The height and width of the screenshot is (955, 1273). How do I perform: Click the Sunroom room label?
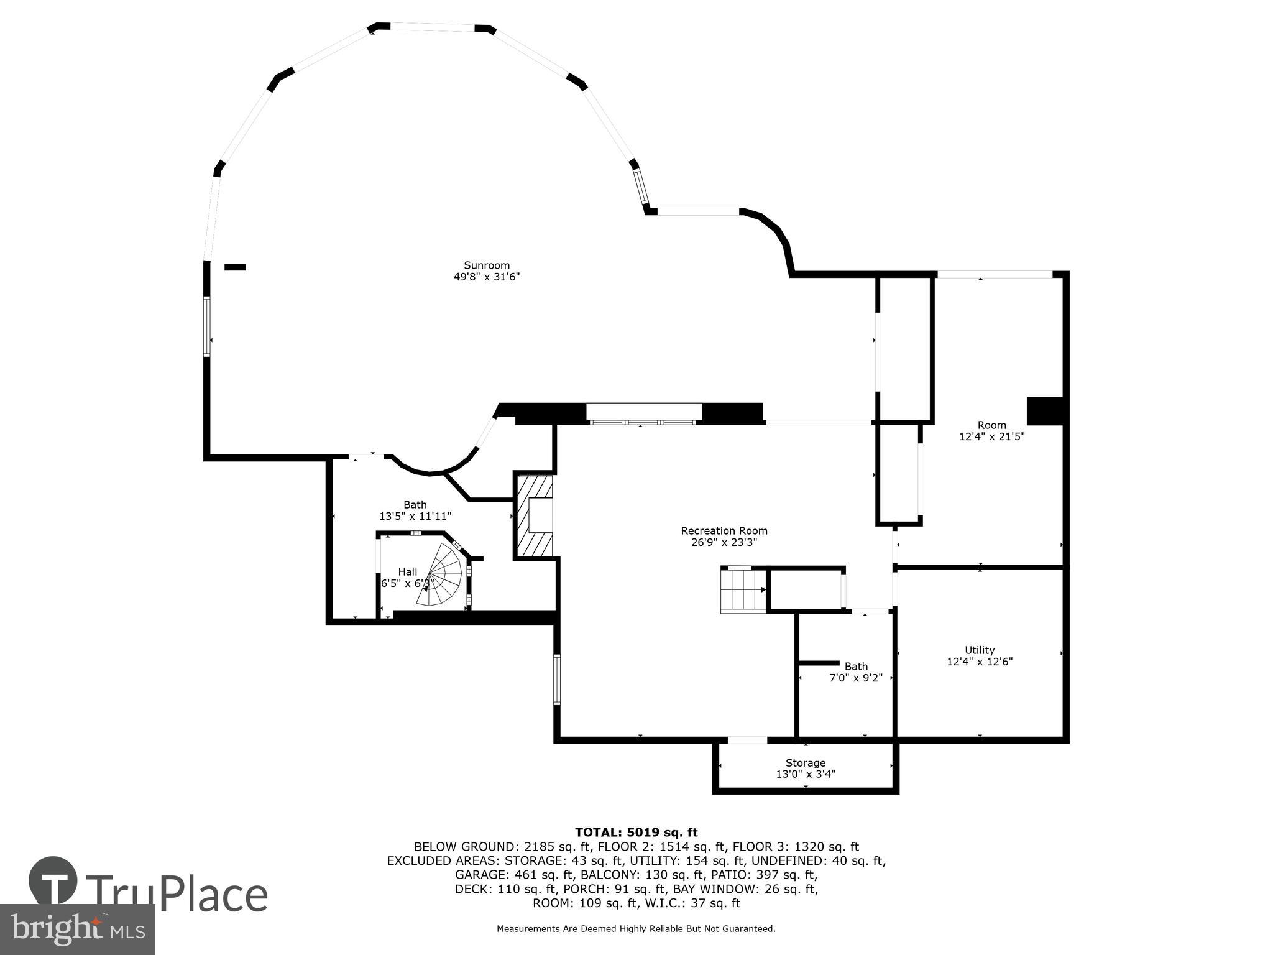(487, 265)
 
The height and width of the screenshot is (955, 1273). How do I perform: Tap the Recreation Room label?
(724, 531)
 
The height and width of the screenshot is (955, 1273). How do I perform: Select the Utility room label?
(980, 650)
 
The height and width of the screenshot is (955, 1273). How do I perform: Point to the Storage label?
(806, 763)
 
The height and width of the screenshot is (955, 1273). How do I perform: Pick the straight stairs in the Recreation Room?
(743, 590)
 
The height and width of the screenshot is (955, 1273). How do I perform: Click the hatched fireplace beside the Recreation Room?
(534, 515)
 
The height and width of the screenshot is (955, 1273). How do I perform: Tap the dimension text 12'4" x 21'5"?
(991, 437)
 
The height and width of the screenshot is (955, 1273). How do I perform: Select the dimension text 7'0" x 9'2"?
(856, 678)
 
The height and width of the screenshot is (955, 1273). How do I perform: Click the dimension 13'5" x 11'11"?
(415, 516)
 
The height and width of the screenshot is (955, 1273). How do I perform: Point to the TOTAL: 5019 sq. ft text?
(636, 833)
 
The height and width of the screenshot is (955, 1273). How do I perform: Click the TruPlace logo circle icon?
(53, 881)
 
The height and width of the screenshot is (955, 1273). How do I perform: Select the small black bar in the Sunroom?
(235, 267)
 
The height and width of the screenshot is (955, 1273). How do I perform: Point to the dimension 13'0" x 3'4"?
(806, 774)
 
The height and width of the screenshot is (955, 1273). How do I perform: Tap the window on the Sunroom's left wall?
(207, 326)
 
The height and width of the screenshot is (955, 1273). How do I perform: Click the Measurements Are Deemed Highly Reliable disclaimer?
(636, 929)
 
